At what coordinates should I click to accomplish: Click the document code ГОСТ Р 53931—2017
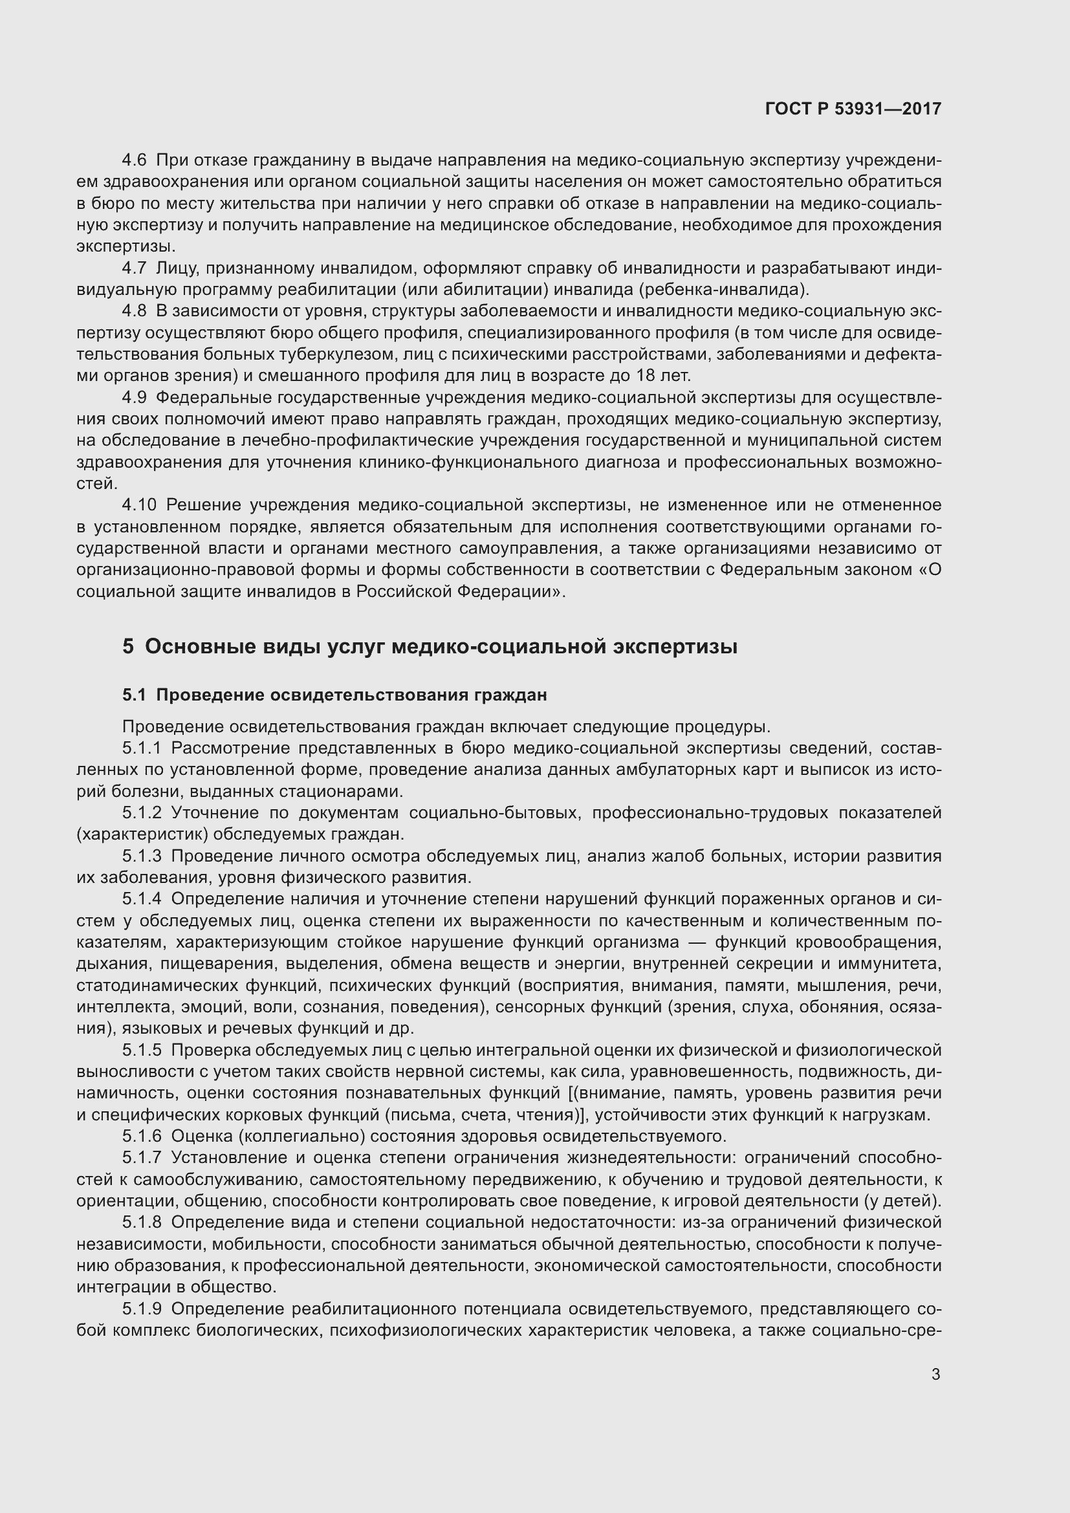click(853, 109)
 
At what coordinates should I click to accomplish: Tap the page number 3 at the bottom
click(935, 1375)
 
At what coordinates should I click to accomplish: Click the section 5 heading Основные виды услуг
click(430, 646)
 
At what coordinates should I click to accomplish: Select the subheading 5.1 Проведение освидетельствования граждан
click(334, 695)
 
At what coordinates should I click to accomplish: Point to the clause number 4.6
click(134, 160)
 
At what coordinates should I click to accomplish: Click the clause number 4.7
click(134, 268)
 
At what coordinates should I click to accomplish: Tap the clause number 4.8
click(134, 311)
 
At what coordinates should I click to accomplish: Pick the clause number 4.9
click(134, 397)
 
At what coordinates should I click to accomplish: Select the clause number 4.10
click(139, 505)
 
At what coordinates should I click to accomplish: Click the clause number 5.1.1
click(142, 748)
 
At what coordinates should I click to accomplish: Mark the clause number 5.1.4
click(142, 899)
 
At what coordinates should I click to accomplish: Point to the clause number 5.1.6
click(142, 1136)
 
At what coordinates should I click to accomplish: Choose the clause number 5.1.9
click(142, 1308)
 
